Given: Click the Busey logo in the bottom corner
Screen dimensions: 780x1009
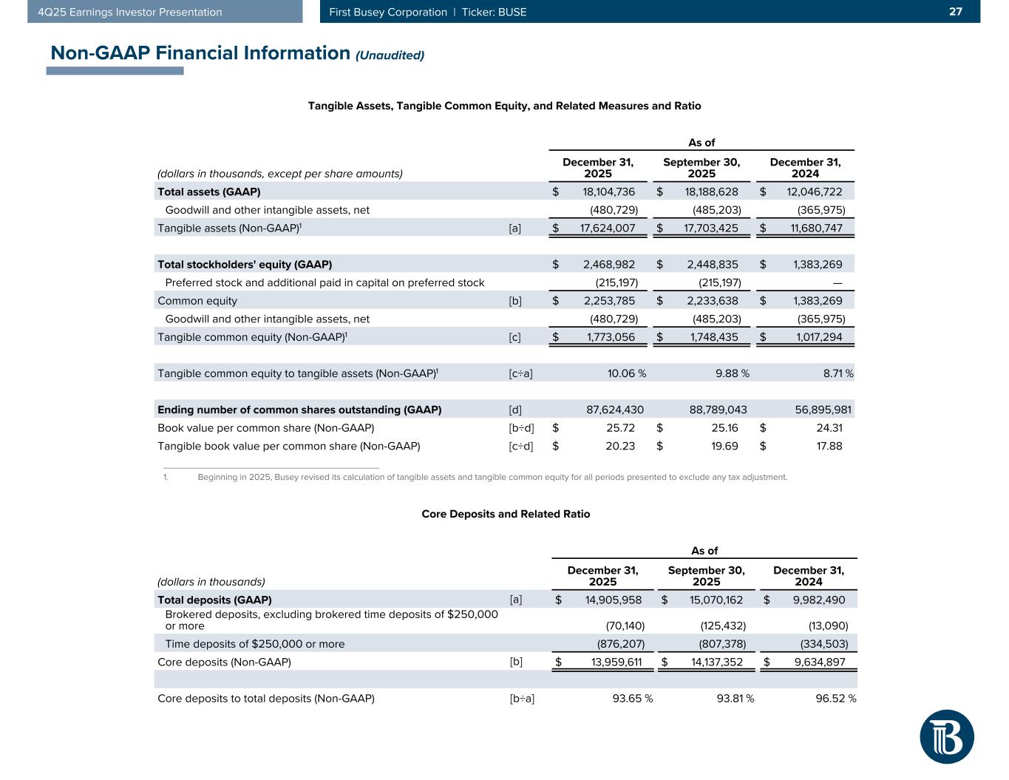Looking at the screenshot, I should [946, 736].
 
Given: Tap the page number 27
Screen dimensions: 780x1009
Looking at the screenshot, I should [956, 12].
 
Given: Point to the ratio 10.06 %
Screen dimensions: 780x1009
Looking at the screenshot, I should [626, 373].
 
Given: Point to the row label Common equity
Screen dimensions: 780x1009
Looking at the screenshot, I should [197, 301].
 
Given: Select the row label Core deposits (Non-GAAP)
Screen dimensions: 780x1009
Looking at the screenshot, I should [224, 662].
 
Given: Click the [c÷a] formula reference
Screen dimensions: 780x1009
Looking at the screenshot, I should [520, 373].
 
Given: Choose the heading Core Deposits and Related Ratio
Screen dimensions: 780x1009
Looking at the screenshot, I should [506, 513].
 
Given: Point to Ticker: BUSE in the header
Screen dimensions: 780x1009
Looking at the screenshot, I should [494, 12].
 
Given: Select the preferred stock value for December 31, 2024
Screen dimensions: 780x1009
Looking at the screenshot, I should [837, 282].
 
